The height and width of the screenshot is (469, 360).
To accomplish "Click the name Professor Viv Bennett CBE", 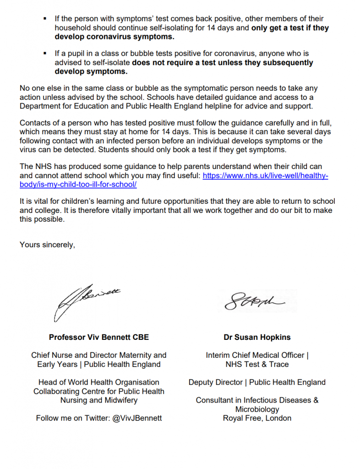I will pos(99,337).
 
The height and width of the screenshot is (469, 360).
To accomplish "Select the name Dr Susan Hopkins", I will pos(257,337).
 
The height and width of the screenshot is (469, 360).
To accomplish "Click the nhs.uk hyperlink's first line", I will pos(265,175).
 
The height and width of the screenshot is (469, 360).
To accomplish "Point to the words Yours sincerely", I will pos(47,245).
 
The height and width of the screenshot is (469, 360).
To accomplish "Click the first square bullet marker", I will pos(44,19).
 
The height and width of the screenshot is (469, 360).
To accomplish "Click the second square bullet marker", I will pos(44,54).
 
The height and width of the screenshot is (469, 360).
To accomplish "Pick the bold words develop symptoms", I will pos(91,72).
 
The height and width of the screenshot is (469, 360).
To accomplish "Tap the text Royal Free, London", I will pos(257,418).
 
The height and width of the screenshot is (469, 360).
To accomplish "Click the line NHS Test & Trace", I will pos(257,364).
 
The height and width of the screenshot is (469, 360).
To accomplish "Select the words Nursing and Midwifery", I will pos(99,400).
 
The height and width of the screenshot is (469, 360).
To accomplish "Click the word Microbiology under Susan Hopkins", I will pos(257,409).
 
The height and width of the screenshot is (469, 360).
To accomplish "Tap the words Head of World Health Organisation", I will pos(99,382).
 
